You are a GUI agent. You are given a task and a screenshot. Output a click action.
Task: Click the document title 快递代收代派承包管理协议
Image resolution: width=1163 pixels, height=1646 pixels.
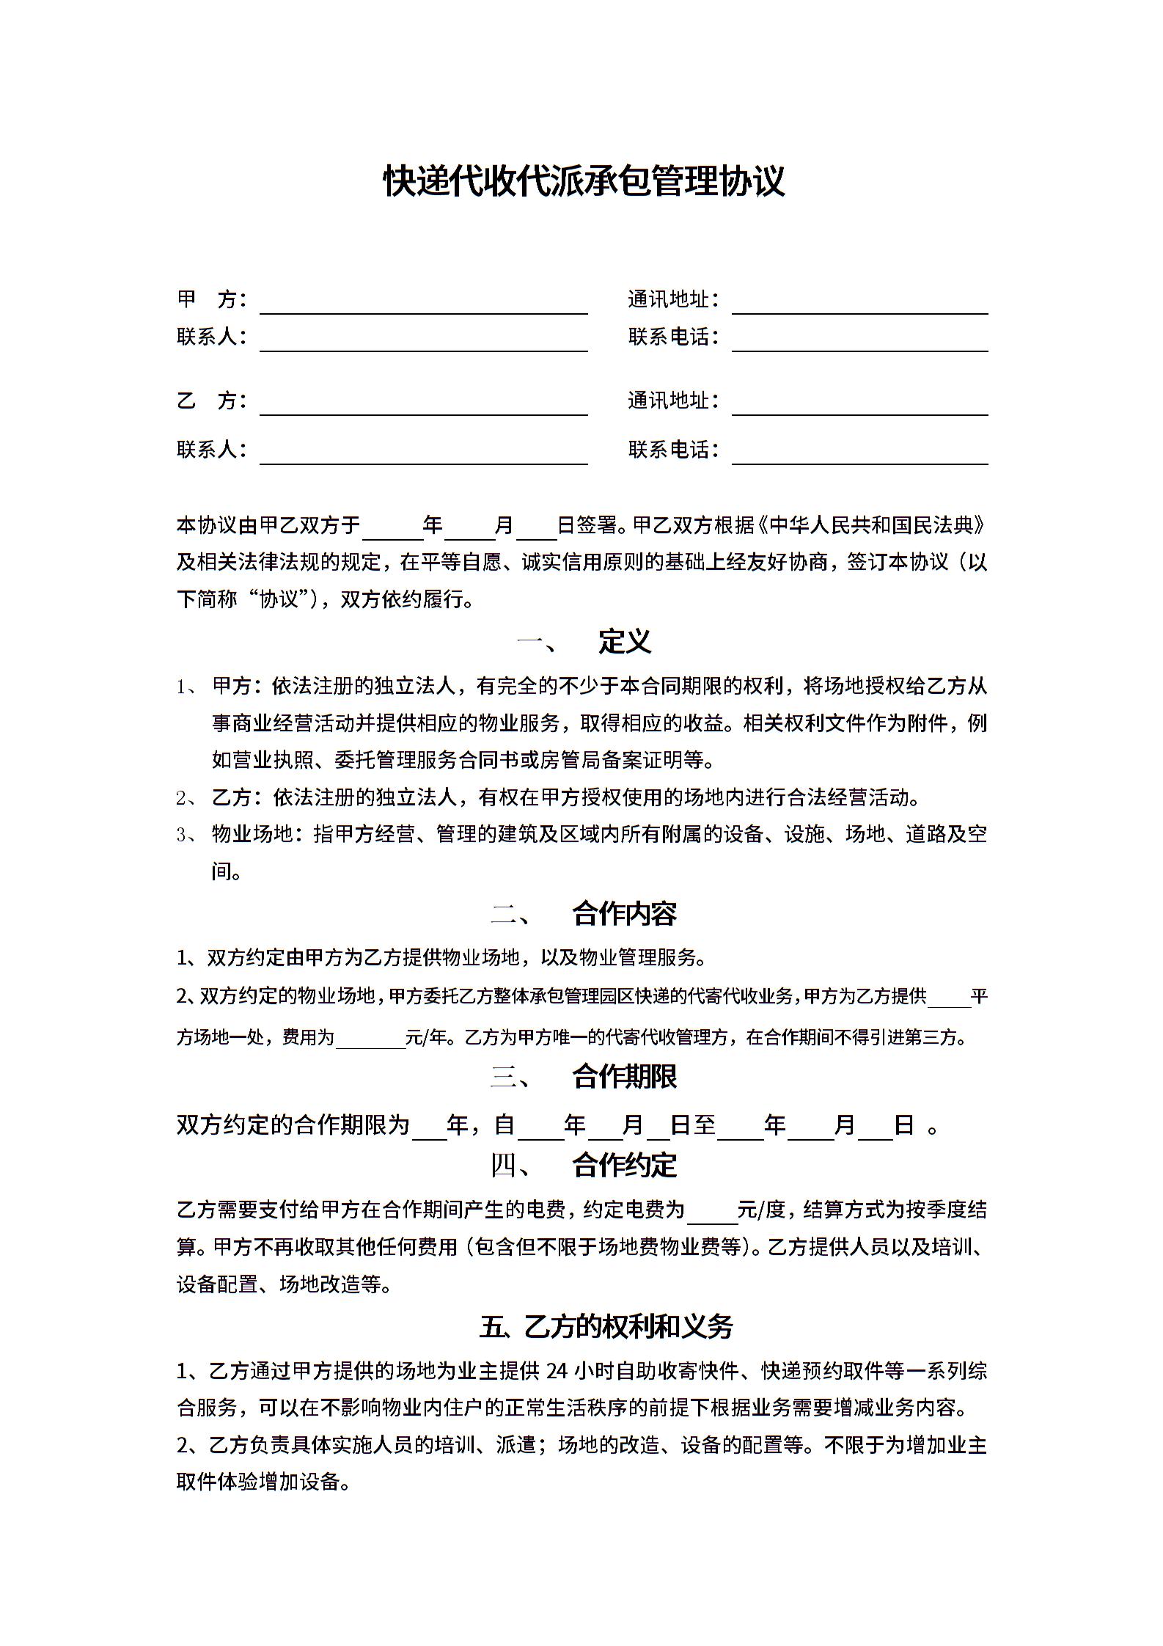point(584,181)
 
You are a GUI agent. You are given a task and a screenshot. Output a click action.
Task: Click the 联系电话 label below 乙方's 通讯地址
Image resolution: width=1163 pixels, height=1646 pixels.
point(673,450)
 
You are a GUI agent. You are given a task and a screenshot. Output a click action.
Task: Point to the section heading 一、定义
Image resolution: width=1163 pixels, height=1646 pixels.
point(584,642)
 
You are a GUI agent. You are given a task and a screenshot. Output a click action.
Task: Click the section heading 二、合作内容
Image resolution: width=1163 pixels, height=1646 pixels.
point(584,914)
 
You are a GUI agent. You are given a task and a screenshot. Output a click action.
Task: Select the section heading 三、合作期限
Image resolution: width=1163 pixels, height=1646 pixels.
point(584,1077)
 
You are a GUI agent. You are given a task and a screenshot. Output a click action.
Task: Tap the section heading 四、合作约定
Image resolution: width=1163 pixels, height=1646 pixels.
point(584,1165)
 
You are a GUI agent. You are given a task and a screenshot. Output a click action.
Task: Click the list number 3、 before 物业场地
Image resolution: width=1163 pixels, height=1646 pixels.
point(186,835)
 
